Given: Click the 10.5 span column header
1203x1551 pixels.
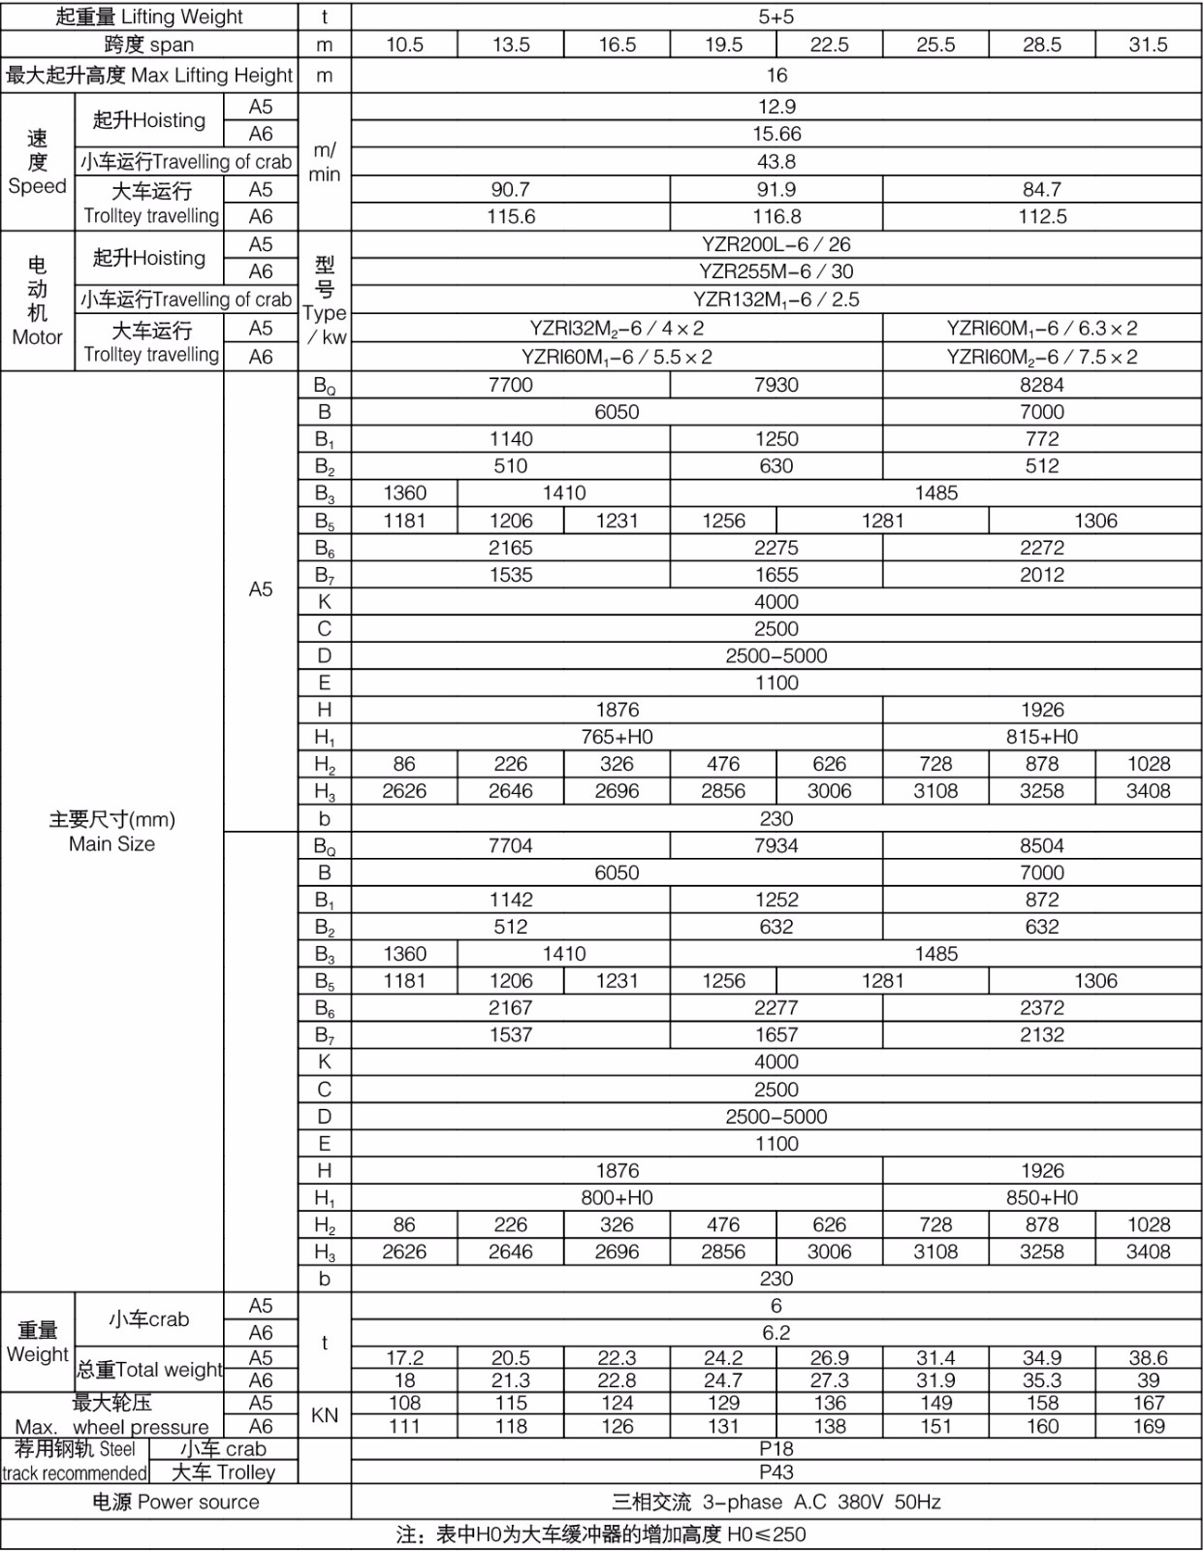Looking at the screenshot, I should [404, 45].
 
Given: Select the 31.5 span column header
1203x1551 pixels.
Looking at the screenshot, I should [1148, 45].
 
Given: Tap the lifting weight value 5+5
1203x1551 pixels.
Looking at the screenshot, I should [776, 16].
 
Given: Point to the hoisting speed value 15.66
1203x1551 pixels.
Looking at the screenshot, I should [776, 134].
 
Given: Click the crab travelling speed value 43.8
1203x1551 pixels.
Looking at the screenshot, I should [776, 161].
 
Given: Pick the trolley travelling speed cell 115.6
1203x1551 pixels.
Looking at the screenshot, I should [511, 216].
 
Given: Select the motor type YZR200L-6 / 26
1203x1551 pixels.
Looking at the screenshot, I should [776, 244].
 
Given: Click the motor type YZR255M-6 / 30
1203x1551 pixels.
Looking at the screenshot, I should [776, 271].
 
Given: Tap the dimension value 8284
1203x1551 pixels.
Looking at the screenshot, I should [1041, 385].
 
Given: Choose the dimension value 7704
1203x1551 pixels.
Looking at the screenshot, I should [511, 845].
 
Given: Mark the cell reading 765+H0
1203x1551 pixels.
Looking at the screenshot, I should [617, 737].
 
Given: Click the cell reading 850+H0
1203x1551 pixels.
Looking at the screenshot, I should [1041, 1197].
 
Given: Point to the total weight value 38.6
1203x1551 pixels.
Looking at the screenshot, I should [1148, 1357].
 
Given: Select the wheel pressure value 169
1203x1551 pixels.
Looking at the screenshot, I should [1148, 1426].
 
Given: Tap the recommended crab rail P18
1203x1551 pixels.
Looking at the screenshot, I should [776, 1448].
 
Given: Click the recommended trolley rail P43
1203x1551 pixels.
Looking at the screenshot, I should [776, 1472].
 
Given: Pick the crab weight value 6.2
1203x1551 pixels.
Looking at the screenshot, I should [776, 1332].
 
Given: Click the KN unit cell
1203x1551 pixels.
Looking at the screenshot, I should [324, 1414].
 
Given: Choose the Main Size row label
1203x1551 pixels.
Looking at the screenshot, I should [111, 832].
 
